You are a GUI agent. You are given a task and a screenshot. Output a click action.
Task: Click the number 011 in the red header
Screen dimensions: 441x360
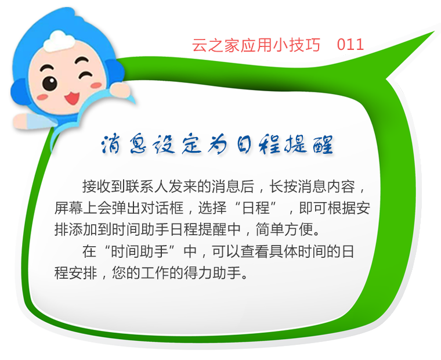(350, 45)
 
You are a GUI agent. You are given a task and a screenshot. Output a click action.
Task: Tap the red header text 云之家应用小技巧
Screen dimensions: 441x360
(256, 45)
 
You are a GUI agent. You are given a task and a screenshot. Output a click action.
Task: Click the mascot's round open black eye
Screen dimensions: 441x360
(50, 83)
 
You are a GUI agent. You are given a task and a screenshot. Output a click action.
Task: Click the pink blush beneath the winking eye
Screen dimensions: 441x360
(96, 85)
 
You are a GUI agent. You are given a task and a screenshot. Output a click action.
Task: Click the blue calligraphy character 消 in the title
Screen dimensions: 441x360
(111, 145)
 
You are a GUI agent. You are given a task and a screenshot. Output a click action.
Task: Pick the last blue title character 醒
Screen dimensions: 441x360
(323, 145)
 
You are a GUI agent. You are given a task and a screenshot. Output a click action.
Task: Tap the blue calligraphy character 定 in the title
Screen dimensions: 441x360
(192, 145)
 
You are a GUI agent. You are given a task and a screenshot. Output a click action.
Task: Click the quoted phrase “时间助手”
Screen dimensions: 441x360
(140, 251)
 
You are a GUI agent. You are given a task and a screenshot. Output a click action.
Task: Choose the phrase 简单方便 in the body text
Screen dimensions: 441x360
(284, 230)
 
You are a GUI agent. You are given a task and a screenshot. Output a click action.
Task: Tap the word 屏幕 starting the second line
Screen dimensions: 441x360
(68, 208)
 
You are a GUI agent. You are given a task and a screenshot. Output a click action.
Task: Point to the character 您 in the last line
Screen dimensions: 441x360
(119, 273)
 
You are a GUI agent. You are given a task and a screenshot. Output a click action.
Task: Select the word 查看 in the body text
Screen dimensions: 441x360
(255, 251)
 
